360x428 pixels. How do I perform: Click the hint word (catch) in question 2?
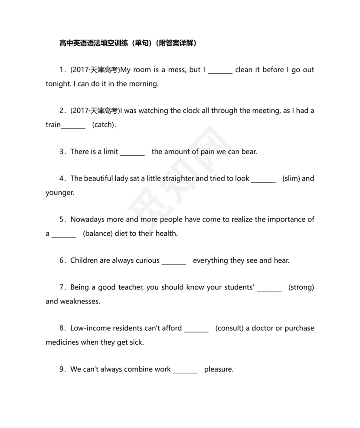coord(104,125)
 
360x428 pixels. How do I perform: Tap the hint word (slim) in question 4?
coord(291,178)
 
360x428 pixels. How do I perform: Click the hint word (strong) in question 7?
coord(301,287)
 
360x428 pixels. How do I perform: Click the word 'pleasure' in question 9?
coord(219,369)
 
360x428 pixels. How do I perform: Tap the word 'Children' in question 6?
coord(84,260)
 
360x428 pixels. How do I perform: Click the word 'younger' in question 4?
coord(59,193)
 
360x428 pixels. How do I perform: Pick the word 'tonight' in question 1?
coord(57,84)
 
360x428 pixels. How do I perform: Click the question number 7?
coord(62,287)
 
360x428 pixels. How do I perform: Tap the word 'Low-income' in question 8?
coord(88,328)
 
